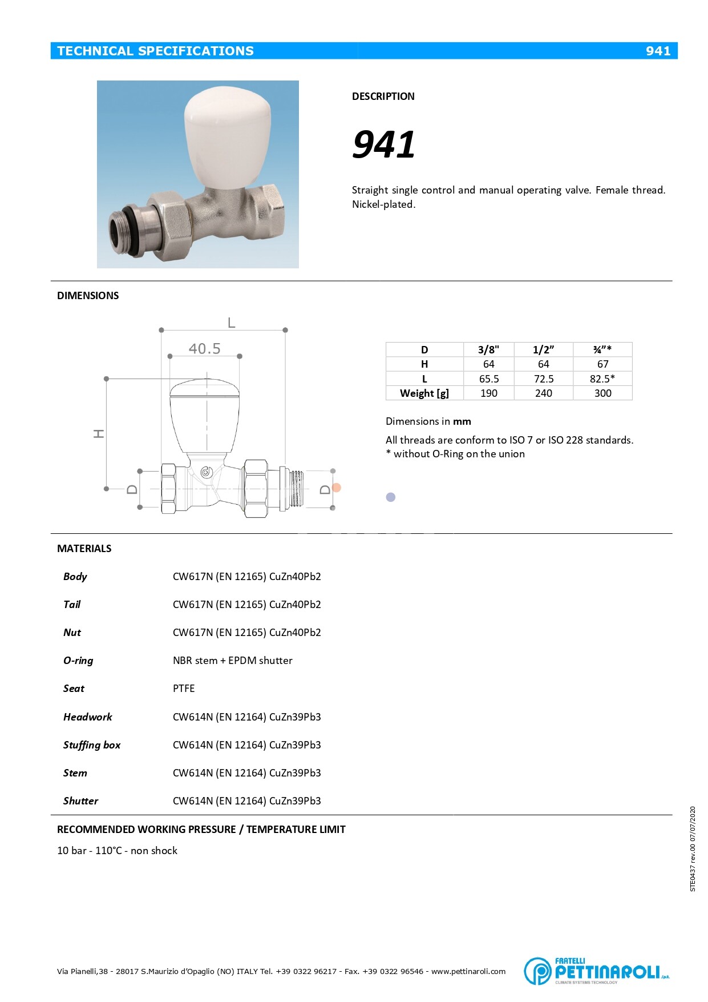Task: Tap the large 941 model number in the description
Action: [383, 144]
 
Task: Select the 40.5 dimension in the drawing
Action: [204, 348]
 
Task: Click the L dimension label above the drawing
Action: [231, 323]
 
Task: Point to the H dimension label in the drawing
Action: [99, 434]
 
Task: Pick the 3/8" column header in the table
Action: [488, 350]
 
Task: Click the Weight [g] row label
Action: [424, 393]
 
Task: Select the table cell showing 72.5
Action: [543, 379]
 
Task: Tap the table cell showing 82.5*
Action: [602, 379]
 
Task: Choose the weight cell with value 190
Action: [488, 393]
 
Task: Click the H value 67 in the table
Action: [602, 364]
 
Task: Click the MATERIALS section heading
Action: [84, 549]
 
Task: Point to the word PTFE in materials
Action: [184, 689]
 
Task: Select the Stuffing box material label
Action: [92, 745]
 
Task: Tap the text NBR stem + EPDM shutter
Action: [232, 661]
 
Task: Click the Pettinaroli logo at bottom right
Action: [596, 971]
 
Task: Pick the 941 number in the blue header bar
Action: [658, 51]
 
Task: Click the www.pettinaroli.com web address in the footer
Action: [468, 971]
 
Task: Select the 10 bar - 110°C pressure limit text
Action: [117, 851]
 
